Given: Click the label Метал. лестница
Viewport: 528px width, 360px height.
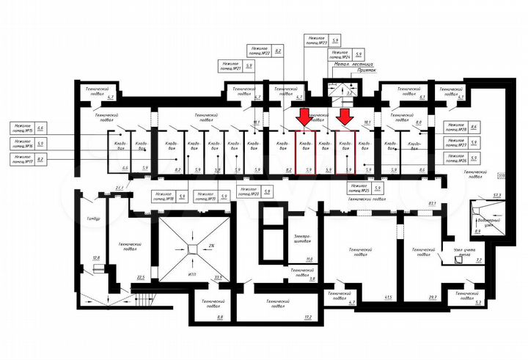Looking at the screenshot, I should (x=352, y=65).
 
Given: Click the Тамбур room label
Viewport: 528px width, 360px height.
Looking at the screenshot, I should (x=92, y=218).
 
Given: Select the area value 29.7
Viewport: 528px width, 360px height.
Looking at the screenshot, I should (x=433, y=296).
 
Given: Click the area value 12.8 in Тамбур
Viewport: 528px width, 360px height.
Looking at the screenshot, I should (x=95, y=258).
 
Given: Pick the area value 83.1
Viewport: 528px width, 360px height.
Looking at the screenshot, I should (x=433, y=203).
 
